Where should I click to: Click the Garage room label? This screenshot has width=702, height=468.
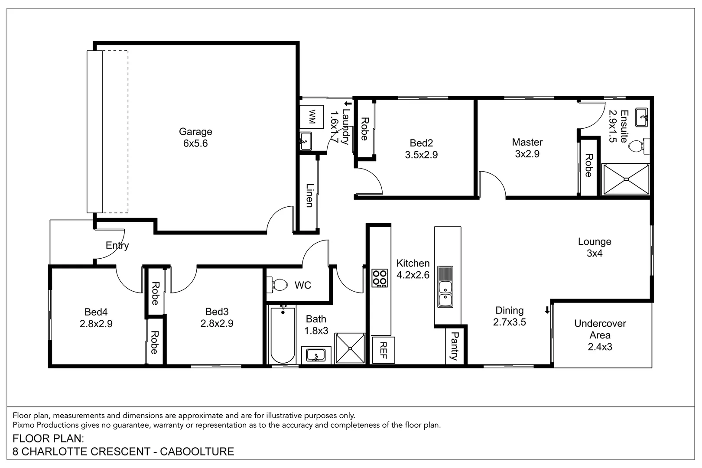(x=195, y=132)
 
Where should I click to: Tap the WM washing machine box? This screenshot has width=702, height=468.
(x=312, y=117)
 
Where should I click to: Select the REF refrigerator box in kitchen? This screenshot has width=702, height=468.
(x=383, y=350)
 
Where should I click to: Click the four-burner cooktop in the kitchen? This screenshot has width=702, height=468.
(x=380, y=278)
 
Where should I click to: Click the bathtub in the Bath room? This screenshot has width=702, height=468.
(x=283, y=335)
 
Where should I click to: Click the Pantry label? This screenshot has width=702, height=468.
(x=454, y=346)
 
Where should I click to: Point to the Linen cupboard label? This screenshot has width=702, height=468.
(x=309, y=195)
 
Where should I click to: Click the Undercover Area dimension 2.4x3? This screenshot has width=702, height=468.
(x=600, y=347)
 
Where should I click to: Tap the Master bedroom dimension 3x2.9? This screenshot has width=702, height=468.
(x=527, y=154)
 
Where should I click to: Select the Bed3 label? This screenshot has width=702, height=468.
(x=217, y=312)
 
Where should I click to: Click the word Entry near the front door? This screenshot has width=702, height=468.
(x=117, y=246)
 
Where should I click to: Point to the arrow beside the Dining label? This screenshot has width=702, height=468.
(x=547, y=310)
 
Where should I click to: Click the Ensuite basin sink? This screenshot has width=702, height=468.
(x=641, y=117)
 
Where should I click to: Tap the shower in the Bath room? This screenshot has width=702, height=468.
(x=350, y=348)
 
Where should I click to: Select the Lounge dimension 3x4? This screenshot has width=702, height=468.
(x=594, y=253)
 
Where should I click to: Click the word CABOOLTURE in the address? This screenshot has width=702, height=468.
(x=197, y=452)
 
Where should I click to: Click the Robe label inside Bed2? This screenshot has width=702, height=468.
(x=364, y=129)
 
